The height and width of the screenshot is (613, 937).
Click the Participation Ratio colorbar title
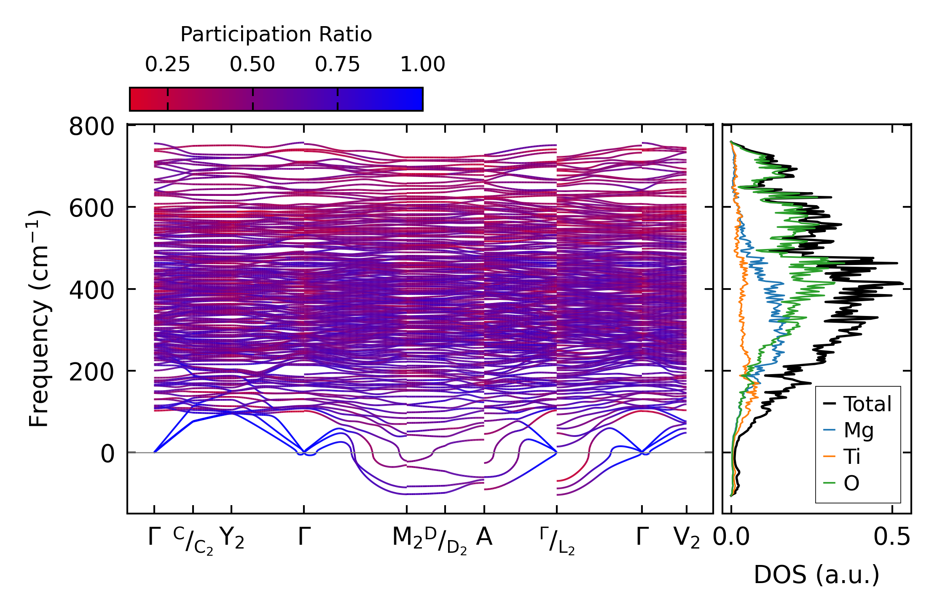point(276,35)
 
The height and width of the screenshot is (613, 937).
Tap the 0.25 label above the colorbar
point(168,65)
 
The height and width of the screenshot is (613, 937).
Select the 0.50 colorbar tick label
point(252,65)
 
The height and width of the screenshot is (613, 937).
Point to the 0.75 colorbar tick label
point(338,65)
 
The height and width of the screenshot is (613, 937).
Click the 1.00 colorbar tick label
point(422,65)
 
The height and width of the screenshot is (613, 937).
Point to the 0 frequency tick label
point(107,454)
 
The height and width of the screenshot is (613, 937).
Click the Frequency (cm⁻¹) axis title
point(39,319)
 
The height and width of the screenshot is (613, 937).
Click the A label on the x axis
point(484,537)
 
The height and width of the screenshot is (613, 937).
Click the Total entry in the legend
point(867,404)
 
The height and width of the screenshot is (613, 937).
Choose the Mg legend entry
point(858,431)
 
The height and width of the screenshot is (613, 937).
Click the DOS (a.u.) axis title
point(816,575)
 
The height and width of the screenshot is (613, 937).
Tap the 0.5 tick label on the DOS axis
point(892,538)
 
